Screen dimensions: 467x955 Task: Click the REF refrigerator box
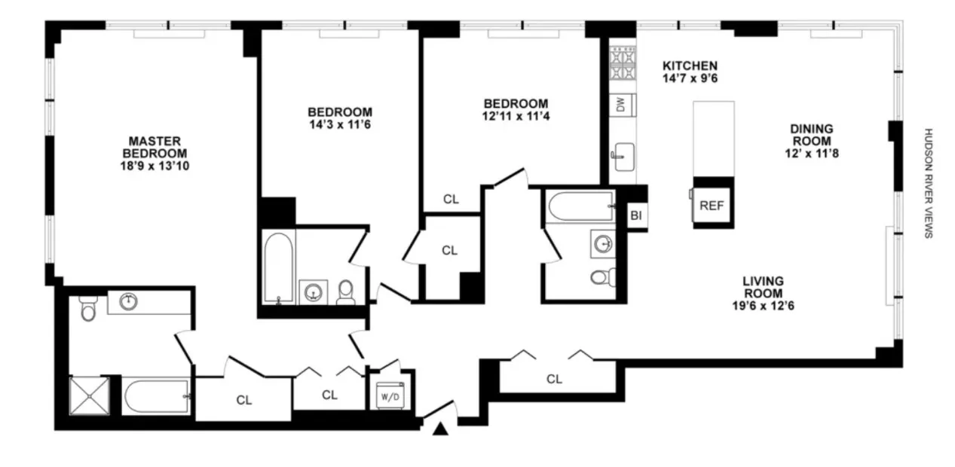[712, 205]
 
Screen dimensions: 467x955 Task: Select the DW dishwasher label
[621, 105]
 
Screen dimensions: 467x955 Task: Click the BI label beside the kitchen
[635, 216]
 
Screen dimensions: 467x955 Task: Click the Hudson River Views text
[929, 182]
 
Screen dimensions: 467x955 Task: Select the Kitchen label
[689, 66]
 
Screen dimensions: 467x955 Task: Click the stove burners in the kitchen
[622, 64]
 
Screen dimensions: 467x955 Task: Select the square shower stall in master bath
[89, 395]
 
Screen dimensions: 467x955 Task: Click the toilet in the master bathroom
[87, 309]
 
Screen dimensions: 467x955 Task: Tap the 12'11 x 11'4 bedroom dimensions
[516, 117]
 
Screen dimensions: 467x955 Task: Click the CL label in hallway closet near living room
[554, 379]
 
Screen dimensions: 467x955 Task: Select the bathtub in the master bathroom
[155, 395]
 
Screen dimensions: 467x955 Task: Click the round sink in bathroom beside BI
[601, 243]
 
